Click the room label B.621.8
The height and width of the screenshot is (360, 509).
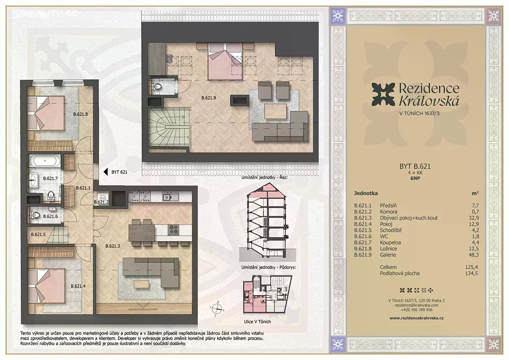(81, 114)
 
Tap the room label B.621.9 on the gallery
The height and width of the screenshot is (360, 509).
(209, 98)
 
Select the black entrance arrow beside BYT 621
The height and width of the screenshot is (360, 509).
(106, 172)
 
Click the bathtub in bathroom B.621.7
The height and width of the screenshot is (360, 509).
(45, 161)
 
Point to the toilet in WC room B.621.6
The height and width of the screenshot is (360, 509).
(35, 215)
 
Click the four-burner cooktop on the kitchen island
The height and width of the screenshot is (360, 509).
(173, 230)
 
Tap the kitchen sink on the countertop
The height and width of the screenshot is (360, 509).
(171, 197)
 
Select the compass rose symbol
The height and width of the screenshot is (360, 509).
(217, 308)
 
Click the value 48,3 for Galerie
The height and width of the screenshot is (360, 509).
(473, 255)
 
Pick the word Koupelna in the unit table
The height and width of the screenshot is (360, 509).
(390, 243)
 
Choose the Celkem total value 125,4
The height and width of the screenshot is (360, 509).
(472, 267)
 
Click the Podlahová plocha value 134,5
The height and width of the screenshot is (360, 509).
(472, 273)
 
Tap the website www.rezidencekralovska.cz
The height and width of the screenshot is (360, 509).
(416, 318)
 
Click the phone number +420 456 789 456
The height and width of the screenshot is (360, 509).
(417, 310)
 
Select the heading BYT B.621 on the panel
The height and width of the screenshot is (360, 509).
(415, 166)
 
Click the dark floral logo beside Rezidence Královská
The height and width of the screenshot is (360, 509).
(383, 95)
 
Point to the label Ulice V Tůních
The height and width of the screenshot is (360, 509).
(257, 321)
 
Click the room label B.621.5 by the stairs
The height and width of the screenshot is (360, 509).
(38, 234)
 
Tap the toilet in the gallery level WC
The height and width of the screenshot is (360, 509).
(157, 87)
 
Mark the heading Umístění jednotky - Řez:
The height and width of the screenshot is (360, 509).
(264, 177)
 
